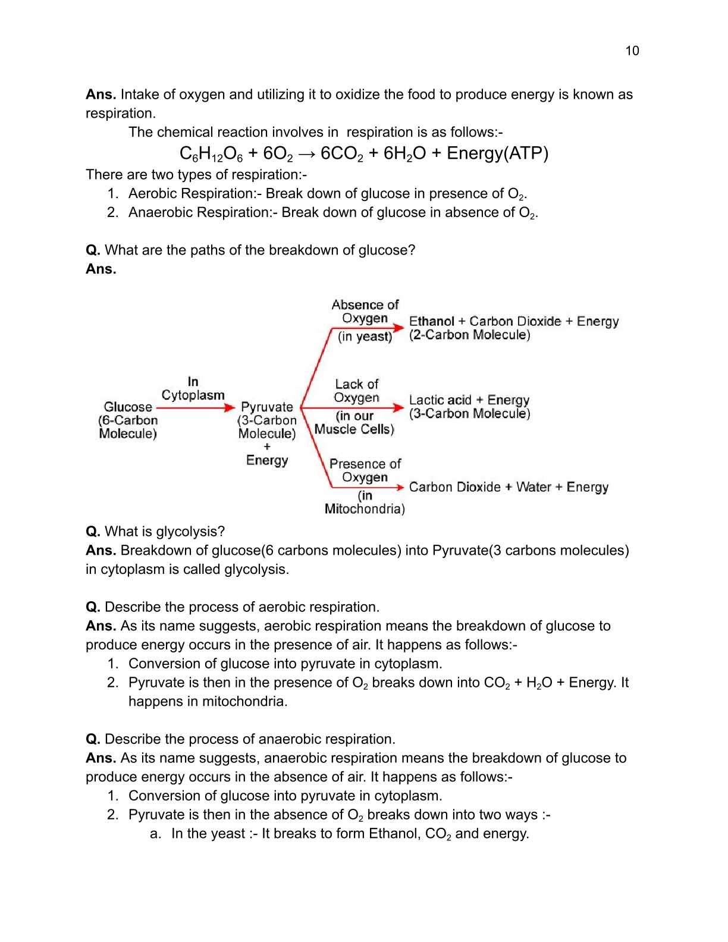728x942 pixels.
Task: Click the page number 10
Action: click(x=632, y=51)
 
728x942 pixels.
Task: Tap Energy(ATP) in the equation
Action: click(x=497, y=153)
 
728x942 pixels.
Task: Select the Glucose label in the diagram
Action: click(x=128, y=407)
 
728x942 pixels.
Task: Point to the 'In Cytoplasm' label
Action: click(x=193, y=388)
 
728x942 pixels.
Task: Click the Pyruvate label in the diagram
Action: click(x=266, y=407)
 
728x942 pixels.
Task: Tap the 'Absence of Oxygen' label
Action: click(x=365, y=312)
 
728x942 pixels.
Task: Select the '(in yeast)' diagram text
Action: click(x=365, y=337)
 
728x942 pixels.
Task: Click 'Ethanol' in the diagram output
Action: click(x=431, y=321)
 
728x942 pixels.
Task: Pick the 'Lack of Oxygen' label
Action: click(x=356, y=391)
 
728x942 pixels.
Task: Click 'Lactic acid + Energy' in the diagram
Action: click(x=469, y=400)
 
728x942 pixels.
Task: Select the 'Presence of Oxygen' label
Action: click(x=365, y=470)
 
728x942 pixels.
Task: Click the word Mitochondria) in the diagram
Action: click(x=365, y=508)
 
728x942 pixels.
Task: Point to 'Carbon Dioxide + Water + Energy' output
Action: click(x=509, y=487)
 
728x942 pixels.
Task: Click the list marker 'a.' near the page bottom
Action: click(x=155, y=833)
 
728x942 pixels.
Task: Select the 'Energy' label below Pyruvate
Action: click(x=266, y=460)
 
